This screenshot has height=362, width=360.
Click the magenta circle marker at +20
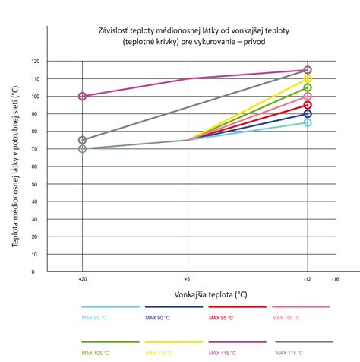(82, 96)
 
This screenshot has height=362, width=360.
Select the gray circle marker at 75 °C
(82, 140)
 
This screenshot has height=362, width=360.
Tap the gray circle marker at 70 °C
(82, 148)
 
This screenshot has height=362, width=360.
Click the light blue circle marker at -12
(308, 122)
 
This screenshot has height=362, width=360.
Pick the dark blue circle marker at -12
(308, 114)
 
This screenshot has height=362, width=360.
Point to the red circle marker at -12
(308, 105)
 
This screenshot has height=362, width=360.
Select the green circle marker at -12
(308, 87)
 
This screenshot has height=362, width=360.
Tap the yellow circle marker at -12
(308, 79)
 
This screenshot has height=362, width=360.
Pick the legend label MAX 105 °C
(96, 354)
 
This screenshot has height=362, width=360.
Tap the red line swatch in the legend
(237, 307)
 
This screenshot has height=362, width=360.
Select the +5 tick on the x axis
(187, 279)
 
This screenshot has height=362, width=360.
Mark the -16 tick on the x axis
(335, 279)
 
